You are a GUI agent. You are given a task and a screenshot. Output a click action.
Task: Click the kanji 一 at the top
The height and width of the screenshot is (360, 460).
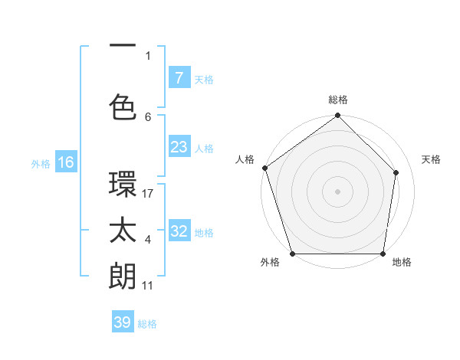[123, 45]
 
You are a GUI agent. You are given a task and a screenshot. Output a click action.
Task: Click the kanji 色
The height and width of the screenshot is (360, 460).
[123, 106]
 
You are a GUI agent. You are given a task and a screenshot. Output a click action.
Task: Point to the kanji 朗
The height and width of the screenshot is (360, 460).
[123, 275]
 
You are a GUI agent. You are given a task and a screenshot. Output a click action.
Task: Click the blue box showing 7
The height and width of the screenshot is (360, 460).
[179, 78]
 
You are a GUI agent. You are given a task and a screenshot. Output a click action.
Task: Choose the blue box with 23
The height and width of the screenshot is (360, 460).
[179, 147]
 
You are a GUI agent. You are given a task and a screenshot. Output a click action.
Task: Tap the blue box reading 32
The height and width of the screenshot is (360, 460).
[179, 231]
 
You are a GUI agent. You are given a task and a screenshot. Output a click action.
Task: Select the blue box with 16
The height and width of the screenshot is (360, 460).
[65, 162]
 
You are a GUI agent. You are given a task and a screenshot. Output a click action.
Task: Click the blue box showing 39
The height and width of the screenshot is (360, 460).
[123, 322]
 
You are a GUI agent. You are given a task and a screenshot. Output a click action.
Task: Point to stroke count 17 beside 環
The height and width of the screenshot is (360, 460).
[148, 193]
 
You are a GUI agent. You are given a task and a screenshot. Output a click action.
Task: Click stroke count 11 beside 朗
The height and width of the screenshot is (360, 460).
[148, 285]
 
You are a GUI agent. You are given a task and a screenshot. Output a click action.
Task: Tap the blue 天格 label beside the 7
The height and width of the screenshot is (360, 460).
[204, 79]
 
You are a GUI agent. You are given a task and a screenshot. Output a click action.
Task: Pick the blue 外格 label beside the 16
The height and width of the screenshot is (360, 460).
[41, 163]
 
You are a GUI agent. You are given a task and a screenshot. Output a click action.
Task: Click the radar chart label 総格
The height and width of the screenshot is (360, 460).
[338, 100]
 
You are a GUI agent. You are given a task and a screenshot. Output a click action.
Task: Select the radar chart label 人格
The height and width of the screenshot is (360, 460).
[245, 159]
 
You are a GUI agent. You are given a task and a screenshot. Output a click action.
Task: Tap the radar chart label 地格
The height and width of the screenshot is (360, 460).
[402, 263]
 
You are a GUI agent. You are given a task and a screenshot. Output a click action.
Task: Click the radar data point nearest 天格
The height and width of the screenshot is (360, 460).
[397, 172]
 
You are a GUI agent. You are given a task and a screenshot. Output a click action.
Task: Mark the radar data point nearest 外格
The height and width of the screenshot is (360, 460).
[292, 254]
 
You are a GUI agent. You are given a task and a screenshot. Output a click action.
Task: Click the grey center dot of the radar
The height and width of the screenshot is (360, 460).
[337, 191]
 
